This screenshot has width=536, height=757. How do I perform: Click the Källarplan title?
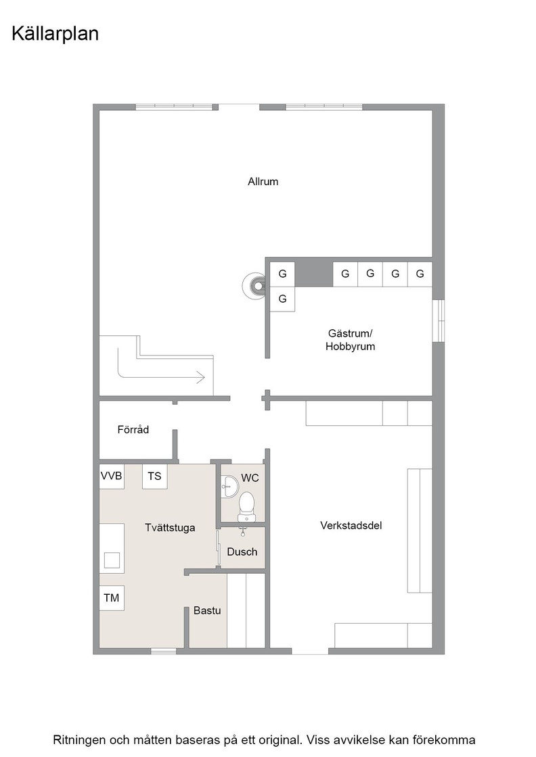click(x=55, y=34)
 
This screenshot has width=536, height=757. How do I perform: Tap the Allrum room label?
click(x=263, y=182)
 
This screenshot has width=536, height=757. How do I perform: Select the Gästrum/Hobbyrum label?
click(x=350, y=340)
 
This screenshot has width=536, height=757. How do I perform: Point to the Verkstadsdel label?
click(x=351, y=525)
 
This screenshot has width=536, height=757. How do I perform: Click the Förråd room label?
click(x=133, y=429)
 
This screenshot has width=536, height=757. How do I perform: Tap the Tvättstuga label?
click(x=170, y=528)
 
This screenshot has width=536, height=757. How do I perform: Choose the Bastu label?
click(x=207, y=610)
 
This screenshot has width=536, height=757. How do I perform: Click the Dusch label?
click(x=242, y=552)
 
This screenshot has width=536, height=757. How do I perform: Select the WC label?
click(x=250, y=478)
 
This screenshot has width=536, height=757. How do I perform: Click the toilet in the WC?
click(x=246, y=507)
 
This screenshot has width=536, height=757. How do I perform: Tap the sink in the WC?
click(x=229, y=486)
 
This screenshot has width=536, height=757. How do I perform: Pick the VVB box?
click(x=112, y=476)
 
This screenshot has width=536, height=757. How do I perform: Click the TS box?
click(x=155, y=477)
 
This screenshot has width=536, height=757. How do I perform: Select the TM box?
click(x=112, y=597)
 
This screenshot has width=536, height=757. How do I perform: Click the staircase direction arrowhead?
click(x=200, y=376)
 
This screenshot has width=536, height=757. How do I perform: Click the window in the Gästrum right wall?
click(x=439, y=321)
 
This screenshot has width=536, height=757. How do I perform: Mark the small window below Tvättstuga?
click(x=164, y=652)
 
